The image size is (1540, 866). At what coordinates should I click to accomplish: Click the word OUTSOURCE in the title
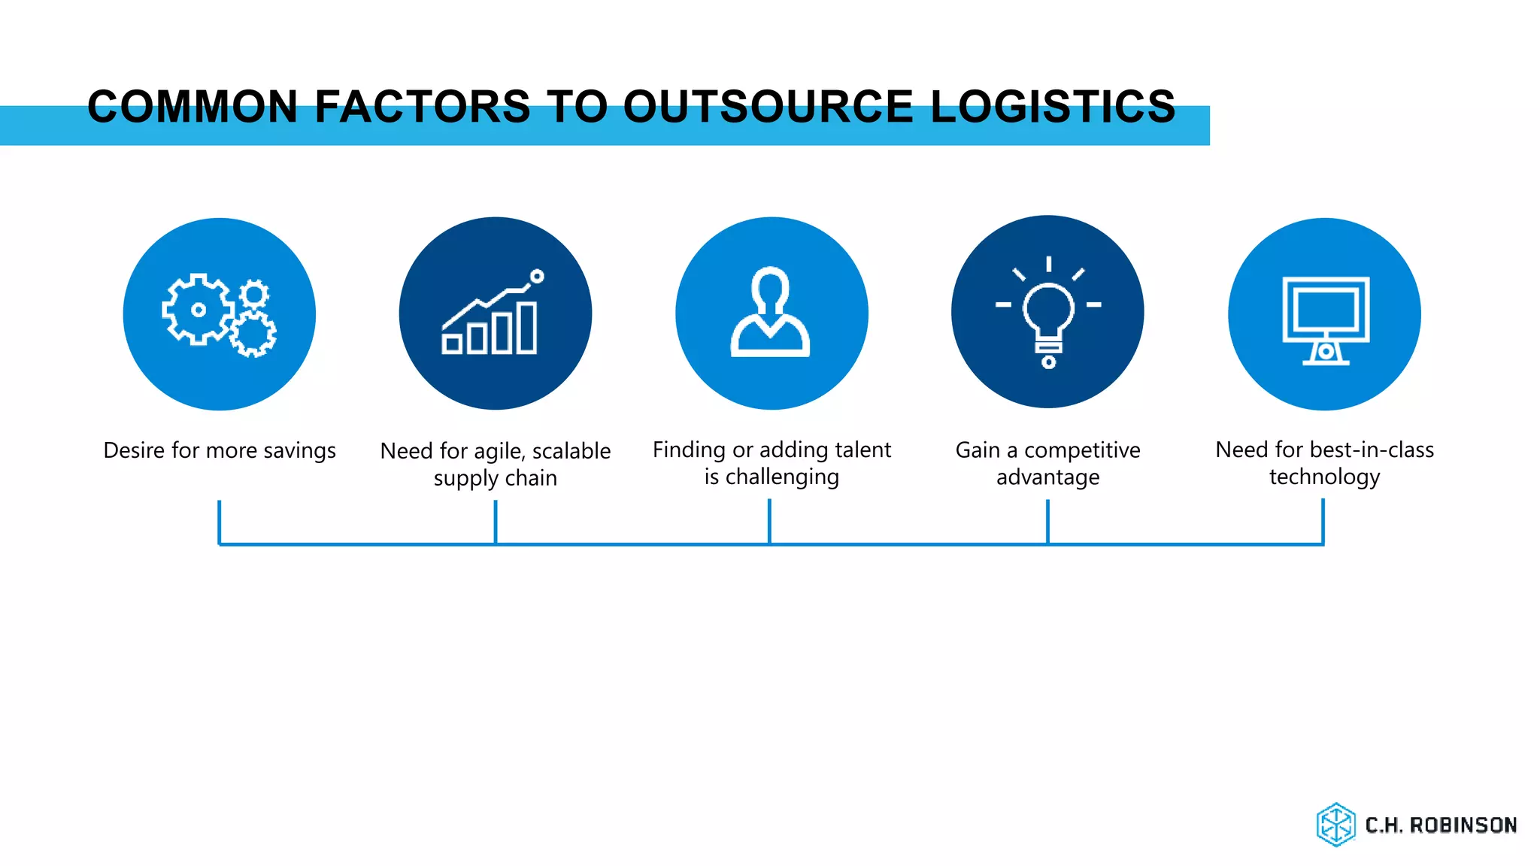(767, 106)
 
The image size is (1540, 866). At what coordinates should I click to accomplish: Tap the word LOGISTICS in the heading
(1053, 106)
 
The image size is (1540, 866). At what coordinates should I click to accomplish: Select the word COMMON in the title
(193, 106)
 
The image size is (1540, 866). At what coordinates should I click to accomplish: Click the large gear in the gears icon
(198, 309)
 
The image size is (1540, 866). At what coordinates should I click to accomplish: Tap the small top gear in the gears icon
(254, 294)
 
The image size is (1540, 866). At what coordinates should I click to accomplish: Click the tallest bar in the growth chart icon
(527, 327)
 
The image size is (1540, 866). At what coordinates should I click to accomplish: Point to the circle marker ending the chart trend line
(537, 277)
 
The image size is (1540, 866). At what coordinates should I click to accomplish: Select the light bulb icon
(1048, 316)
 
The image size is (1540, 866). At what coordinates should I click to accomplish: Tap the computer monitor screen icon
(1325, 309)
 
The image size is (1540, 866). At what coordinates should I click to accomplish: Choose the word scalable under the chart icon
(571, 451)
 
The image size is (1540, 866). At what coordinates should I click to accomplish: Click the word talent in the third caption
(862, 450)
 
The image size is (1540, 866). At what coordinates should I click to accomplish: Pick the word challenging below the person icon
(782, 477)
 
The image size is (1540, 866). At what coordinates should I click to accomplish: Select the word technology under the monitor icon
(1324, 477)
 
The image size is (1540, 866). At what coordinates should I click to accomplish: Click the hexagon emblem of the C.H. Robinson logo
(1335, 825)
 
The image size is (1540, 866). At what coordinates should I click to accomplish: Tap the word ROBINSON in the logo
(1463, 825)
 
